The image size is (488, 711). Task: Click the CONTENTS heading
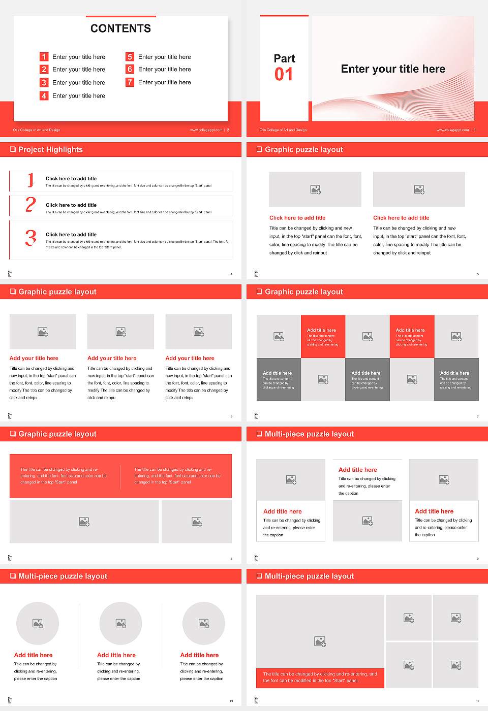click(120, 28)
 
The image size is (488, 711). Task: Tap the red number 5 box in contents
click(130, 57)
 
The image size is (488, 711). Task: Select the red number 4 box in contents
click(44, 95)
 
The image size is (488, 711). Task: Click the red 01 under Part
click(284, 75)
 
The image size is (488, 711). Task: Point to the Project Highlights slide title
click(50, 149)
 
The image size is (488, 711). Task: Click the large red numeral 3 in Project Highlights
click(31, 238)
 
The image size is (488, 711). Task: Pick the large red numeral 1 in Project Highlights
click(30, 180)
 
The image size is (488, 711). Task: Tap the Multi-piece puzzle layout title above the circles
click(63, 576)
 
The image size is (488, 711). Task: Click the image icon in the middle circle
click(120, 623)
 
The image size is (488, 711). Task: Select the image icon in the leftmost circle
click(38, 623)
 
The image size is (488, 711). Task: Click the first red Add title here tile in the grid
click(323, 337)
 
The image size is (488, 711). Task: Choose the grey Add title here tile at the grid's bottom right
click(456, 379)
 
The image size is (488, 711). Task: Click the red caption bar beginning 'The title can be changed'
click(320, 677)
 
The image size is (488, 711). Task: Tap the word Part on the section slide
click(284, 58)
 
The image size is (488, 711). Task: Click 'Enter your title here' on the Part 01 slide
click(393, 69)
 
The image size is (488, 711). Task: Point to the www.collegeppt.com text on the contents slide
click(206, 130)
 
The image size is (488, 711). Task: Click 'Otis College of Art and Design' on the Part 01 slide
click(283, 130)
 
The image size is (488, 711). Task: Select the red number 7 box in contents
click(130, 82)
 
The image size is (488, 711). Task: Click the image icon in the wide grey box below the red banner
click(84, 522)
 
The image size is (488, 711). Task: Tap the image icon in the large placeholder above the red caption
click(320, 642)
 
